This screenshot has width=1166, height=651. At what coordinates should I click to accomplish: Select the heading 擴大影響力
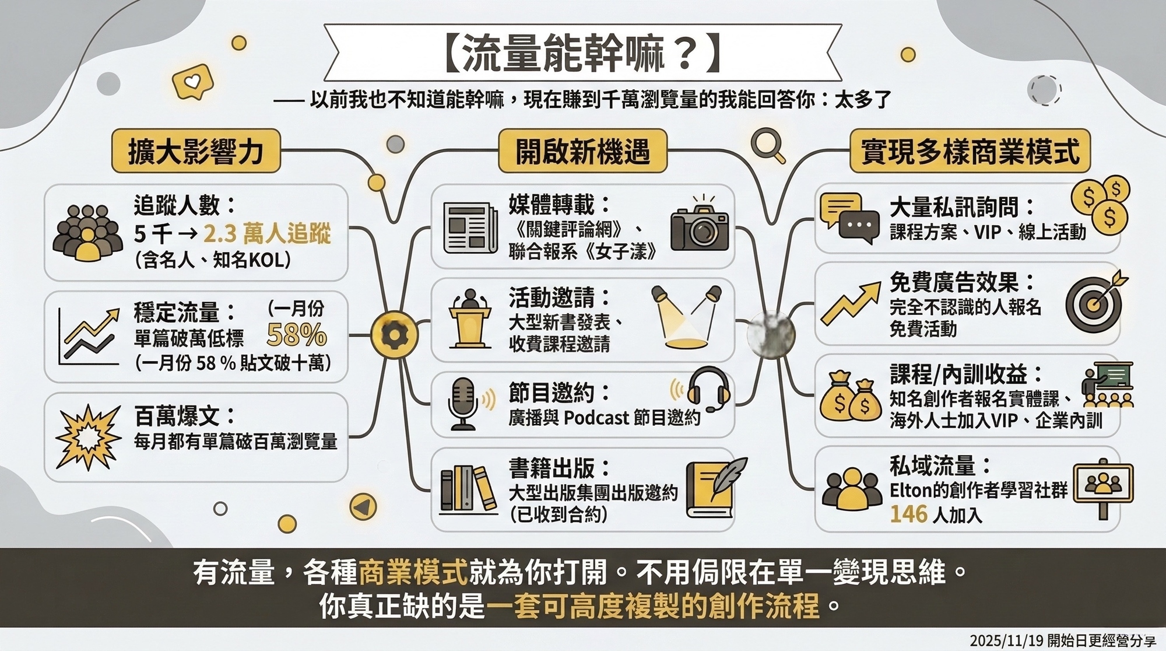[x=196, y=151]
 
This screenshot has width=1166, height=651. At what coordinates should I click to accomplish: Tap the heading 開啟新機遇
[x=582, y=151]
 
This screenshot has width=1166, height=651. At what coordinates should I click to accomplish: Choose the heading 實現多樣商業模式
[x=970, y=151]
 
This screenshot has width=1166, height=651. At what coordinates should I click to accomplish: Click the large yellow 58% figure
[x=296, y=335]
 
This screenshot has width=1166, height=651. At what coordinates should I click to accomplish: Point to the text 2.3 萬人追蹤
[x=267, y=234]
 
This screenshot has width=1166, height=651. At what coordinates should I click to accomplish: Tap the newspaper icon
[x=470, y=228]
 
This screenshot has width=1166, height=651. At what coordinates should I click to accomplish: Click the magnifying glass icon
[x=767, y=145]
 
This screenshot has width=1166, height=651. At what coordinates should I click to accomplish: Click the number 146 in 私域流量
[x=908, y=514]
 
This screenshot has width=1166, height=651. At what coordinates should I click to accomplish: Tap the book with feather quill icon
[x=715, y=489]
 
